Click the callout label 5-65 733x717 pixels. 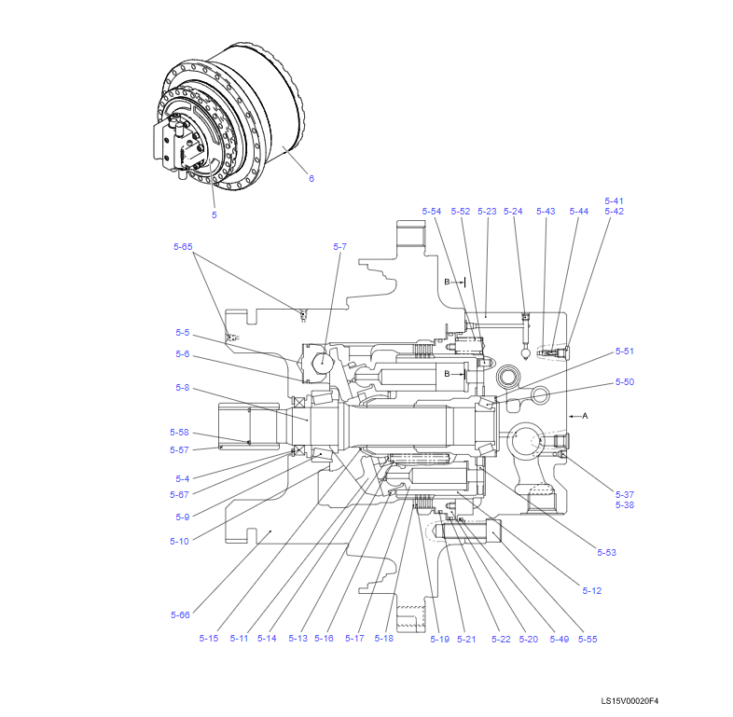pos(183,247)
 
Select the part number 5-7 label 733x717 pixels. pos(339,247)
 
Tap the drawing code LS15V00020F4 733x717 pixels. pos(636,701)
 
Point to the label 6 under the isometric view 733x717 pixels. pos(311,178)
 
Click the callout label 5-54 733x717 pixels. pos(431,212)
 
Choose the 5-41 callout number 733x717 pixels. pos(614,200)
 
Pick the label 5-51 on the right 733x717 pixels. pos(624,352)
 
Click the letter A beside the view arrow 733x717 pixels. pos(586,416)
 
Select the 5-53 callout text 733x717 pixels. pos(606,553)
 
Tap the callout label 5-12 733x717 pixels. pos(591,591)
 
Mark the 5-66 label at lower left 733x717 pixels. pos(180,615)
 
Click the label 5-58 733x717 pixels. pos(179,433)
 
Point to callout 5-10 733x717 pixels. pos(179,541)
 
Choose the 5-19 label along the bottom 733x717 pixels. pos(439,639)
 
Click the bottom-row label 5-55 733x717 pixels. pos(587,639)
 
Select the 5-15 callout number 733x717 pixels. pos(208,639)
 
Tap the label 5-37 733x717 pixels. pos(624,494)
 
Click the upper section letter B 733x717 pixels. pos(447,282)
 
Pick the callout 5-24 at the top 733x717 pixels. pos(513,212)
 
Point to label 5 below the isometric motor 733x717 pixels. pos(214,215)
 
